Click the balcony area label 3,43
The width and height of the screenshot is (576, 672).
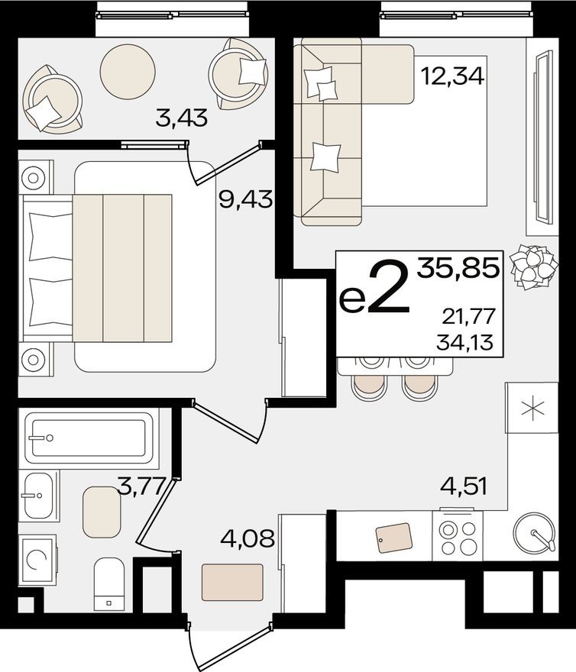182,118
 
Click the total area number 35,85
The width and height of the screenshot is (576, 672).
458,268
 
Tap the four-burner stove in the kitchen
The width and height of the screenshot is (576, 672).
457,536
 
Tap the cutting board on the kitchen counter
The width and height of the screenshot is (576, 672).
394,538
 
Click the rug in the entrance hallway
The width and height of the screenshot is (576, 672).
233,583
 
